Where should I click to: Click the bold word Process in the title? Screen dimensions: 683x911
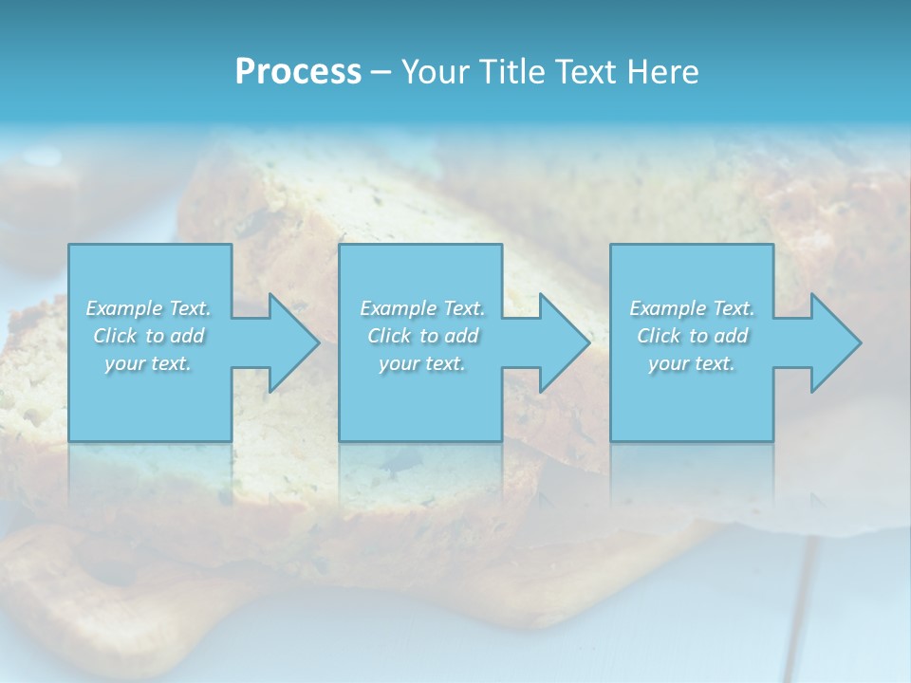(298, 72)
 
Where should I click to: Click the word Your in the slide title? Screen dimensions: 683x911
(437, 72)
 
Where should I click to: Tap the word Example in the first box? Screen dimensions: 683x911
(123, 308)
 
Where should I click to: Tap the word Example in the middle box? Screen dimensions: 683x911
(398, 308)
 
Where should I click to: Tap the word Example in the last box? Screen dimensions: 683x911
(667, 308)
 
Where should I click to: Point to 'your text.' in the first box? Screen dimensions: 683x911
(148, 363)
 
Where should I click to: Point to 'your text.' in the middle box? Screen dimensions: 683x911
(422, 363)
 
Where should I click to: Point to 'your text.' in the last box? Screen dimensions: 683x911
(692, 363)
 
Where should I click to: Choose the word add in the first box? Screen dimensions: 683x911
(187, 336)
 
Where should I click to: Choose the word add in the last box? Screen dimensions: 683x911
(731, 336)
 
